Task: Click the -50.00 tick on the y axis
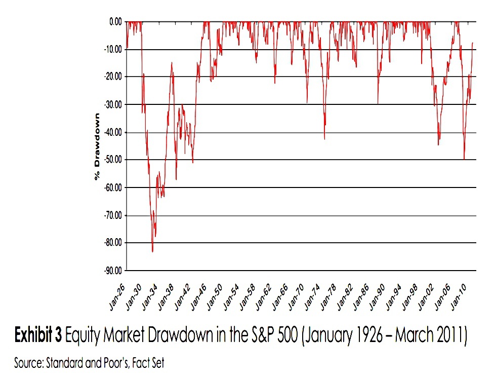[113, 160]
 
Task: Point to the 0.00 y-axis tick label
[115, 22]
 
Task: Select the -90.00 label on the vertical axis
[113, 270]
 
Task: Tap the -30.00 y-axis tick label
[113, 104]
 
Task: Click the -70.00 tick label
[113, 215]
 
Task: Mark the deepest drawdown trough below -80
[152, 252]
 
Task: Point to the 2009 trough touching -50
[464, 159]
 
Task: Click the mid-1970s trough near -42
[324, 139]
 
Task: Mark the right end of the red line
[473, 43]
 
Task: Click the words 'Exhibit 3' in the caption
[38, 335]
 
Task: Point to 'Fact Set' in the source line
[148, 363]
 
